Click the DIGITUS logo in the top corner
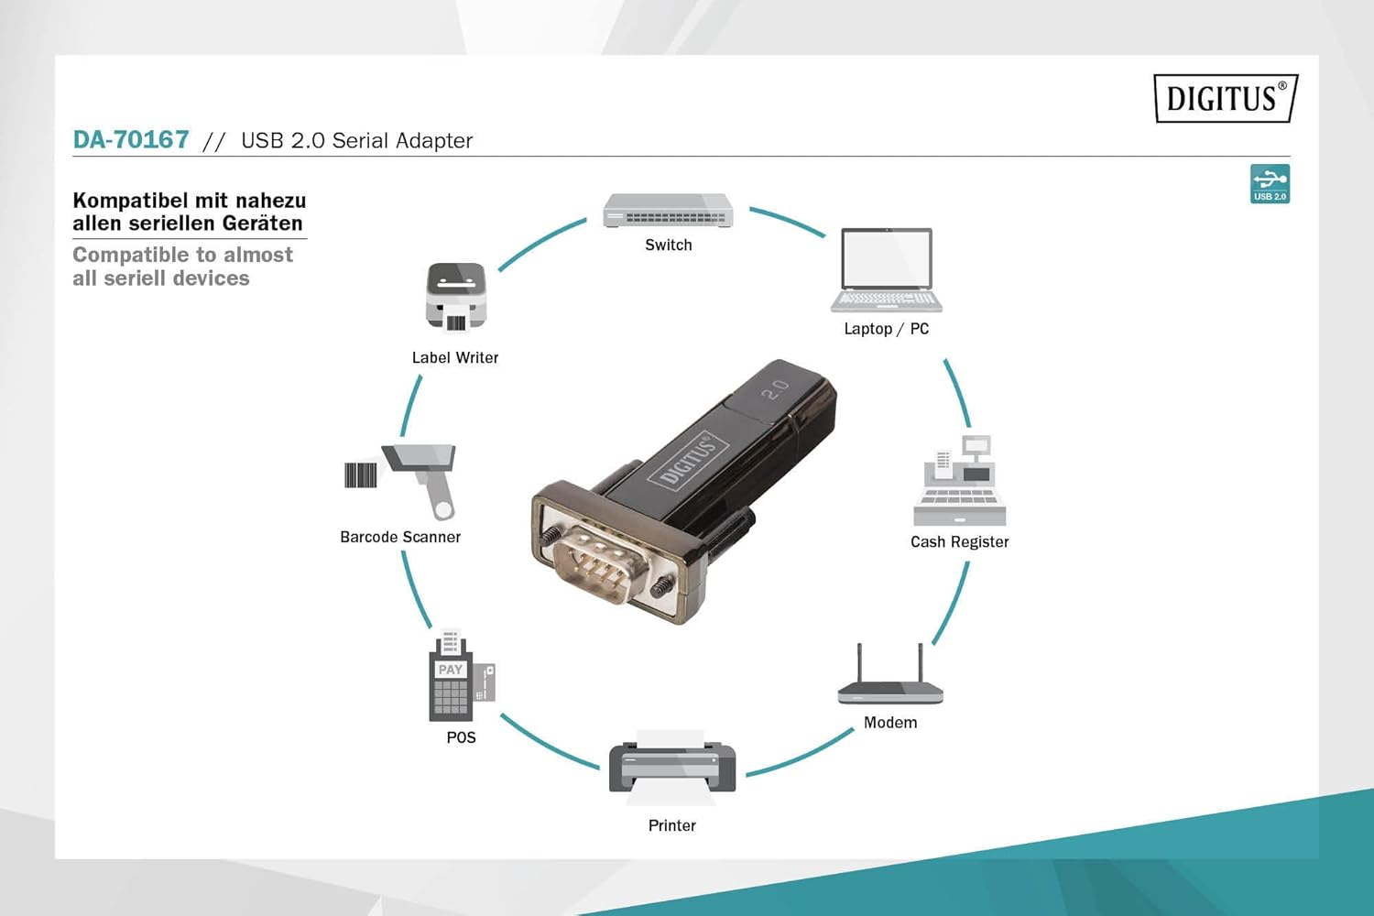click(x=1226, y=98)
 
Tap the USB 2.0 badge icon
click(x=1270, y=183)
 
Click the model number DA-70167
click(x=131, y=140)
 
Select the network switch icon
click(x=668, y=211)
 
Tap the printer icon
click(x=672, y=768)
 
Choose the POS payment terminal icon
click(x=460, y=678)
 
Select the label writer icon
click(x=455, y=297)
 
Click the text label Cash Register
click(x=959, y=542)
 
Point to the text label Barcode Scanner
click(x=400, y=538)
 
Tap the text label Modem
click(x=890, y=723)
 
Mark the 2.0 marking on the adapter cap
click(x=775, y=389)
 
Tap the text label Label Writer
click(x=455, y=358)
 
